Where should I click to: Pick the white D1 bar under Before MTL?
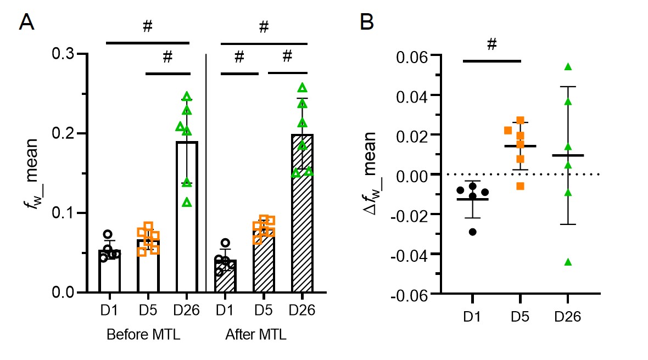109,271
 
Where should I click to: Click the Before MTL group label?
144,334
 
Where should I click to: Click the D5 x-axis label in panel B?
519,317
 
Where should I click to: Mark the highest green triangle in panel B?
568,67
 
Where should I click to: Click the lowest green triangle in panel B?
568,262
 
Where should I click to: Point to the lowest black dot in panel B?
472,232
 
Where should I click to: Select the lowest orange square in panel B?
520,187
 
